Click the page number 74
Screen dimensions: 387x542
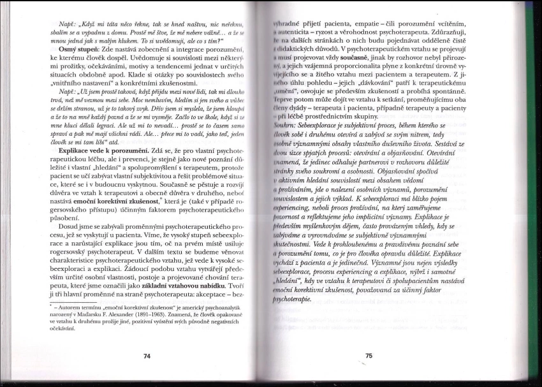[147, 356]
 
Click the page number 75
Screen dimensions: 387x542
[369, 356]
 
